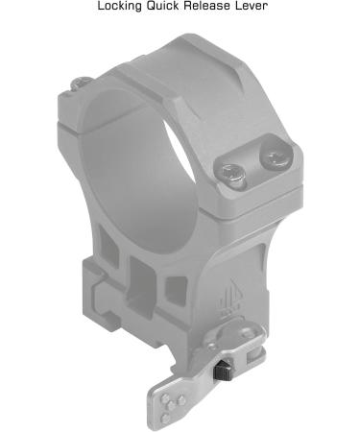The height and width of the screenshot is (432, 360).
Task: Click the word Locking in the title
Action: [x=119, y=6]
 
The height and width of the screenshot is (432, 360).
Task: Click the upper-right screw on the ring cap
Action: [x=276, y=157]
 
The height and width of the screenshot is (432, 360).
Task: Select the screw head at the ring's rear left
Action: [x=82, y=83]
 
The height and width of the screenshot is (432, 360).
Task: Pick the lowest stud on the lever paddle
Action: [x=165, y=418]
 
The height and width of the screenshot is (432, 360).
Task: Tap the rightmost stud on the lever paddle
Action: [x=181, y=399]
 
